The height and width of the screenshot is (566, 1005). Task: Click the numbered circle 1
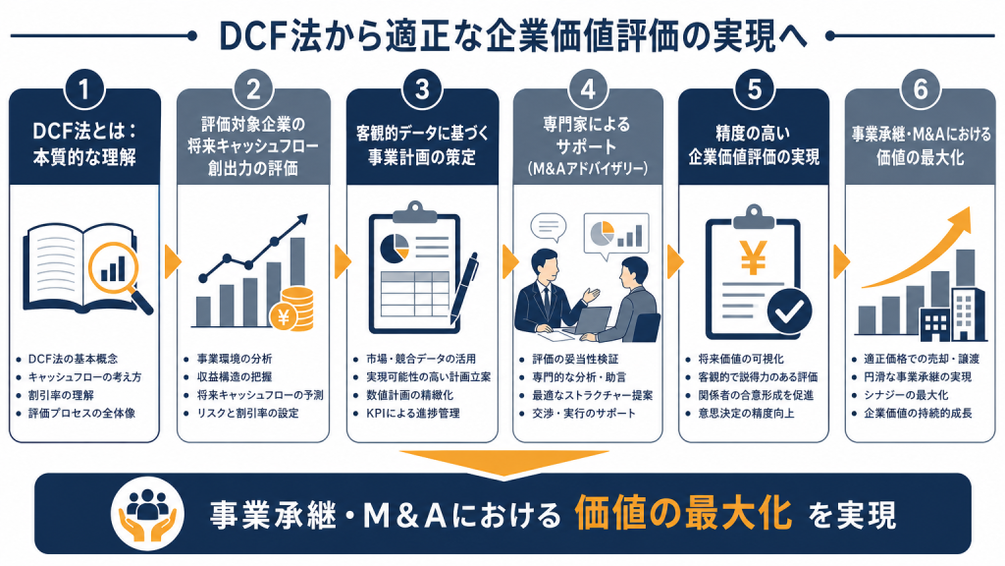point(84,90)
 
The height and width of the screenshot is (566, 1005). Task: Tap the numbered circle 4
point(588,90)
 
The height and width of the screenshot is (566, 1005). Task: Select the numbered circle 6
point(921,90)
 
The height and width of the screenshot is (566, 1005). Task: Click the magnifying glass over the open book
point(120,274)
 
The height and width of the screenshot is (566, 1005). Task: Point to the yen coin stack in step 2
point(293,310)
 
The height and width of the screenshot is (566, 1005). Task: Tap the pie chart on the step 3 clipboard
point(395,248)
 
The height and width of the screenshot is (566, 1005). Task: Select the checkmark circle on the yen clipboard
point(790,311)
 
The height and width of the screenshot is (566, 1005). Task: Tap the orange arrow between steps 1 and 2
point(173,261)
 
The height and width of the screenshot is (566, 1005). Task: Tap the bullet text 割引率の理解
point(61,395)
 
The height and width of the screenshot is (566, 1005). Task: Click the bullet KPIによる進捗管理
point(413,414)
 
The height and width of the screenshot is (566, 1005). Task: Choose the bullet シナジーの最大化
point(906,395)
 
